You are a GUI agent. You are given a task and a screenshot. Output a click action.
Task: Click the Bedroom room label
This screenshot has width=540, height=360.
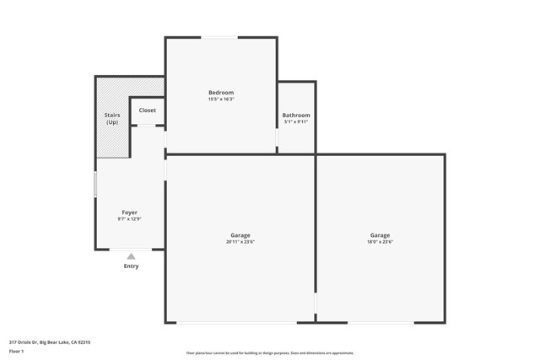(221, 92)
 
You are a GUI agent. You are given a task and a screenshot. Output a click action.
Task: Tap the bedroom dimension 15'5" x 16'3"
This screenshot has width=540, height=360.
(221, 99)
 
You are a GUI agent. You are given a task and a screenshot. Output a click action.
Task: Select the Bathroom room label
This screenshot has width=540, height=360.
(296, 115)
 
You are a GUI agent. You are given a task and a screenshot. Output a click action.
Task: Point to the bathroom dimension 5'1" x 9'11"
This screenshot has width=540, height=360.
(296, 122)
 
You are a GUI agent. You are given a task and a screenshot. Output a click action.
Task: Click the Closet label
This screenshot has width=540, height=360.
(148, 110)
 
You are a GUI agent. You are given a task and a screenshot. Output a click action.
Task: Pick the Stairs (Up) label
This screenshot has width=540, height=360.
(112, 119)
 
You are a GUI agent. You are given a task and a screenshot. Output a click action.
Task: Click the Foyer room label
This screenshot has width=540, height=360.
(129, 212)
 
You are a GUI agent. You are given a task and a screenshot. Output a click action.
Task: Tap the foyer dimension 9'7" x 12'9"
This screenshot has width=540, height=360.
(129, 220)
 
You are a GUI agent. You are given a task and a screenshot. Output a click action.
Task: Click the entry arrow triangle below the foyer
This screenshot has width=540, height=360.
(131, 256)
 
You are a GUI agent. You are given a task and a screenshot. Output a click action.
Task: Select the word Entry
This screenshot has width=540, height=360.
(131, 266)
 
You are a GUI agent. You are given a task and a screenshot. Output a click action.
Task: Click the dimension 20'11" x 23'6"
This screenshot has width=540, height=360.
(240, 243)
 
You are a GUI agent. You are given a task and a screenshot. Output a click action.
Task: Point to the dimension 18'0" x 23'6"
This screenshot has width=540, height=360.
(380, 243)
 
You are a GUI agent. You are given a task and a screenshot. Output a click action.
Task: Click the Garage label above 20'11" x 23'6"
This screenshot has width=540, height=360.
(240, 235)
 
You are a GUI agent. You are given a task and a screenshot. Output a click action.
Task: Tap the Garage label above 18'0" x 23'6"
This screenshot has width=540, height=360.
(380, 235)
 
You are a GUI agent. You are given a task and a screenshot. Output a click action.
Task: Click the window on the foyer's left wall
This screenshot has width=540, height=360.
(95, 185)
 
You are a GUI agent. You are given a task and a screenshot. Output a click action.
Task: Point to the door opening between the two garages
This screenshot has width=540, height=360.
(316, 303)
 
